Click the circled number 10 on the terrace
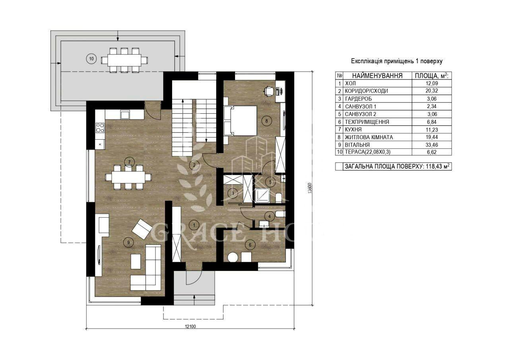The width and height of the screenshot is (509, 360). click(91, 59)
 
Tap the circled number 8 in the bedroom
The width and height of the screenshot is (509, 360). click(266, 121)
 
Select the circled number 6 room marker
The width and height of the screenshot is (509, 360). click(250, 245)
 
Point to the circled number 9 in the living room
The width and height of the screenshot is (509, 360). click(128, 243)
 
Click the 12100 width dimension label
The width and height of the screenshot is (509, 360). click(190, 327)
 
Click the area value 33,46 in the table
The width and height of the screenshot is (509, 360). click(432, 145)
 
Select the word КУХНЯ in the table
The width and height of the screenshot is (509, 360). click(353, 130)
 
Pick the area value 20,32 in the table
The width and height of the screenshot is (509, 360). click(432, 91)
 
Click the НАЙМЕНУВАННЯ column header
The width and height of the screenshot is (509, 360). click(377, 76)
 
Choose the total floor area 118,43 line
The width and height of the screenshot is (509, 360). click(397, 167)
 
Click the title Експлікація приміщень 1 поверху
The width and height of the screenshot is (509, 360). click(397, 61)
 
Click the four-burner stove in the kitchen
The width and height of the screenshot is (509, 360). click(100, 128)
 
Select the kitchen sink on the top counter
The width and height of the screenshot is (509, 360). click(125, 114)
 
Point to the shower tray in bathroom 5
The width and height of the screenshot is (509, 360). click(262, 195)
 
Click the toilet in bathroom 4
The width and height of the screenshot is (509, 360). click(280, 214)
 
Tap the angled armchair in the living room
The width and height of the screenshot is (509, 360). click(142, 229)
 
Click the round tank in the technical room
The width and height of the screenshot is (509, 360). click(233, 257)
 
